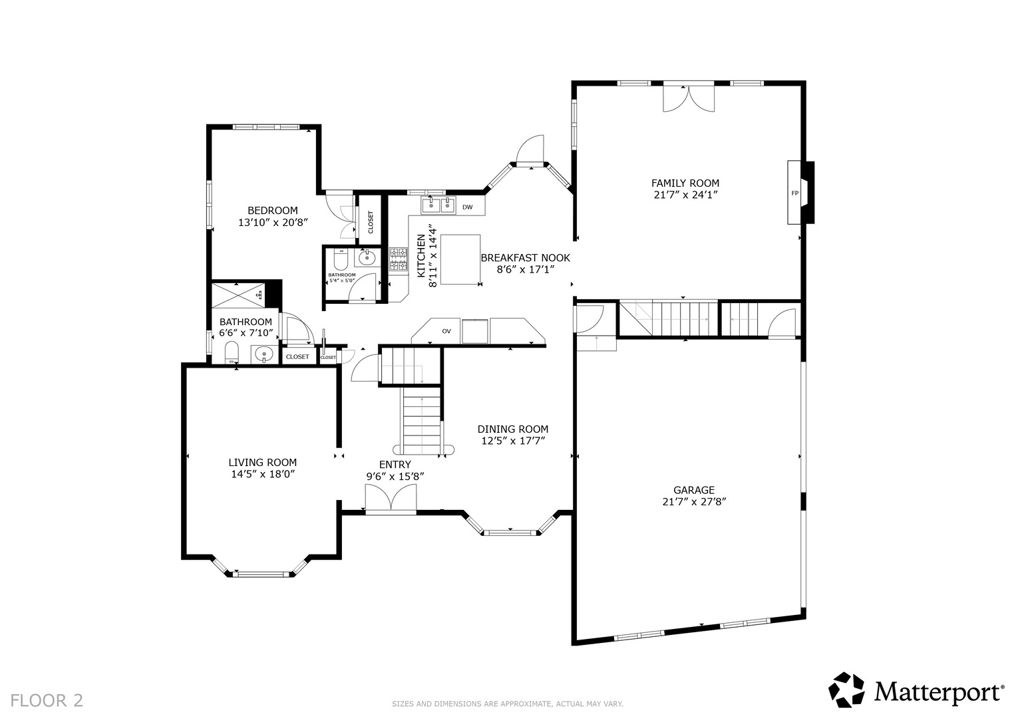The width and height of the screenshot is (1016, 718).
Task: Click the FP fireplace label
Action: click(794, 193)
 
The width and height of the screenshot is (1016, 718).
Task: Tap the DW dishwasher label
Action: click(467, 207)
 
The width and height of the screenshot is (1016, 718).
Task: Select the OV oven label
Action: click(446, 331)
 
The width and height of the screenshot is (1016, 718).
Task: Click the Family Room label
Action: click(685, 183)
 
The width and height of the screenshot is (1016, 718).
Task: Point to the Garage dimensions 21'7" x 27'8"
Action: click(694, 502)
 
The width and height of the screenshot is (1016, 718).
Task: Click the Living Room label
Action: click(263, 462)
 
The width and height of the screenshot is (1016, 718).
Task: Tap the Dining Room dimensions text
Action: click(513, 441)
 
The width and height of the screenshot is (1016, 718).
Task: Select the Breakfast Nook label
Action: click(525, 257)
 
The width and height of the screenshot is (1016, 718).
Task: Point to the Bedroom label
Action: click(273, 210)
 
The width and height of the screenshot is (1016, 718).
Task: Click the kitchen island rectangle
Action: click(460, 259)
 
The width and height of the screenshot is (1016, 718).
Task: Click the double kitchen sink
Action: click(438, 205)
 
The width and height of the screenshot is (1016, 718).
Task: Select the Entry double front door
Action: click(391, 499)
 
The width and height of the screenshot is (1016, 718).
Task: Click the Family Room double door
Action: click(689, 97)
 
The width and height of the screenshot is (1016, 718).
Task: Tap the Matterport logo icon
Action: click(846, 689)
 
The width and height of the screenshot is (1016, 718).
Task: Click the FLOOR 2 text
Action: click(47, 700)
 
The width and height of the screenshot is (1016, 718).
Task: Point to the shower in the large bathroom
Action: click(238, 296)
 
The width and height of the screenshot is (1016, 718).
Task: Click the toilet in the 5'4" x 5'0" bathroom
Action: click(340, 259)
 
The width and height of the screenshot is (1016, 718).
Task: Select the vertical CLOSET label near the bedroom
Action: click(371, 222)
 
